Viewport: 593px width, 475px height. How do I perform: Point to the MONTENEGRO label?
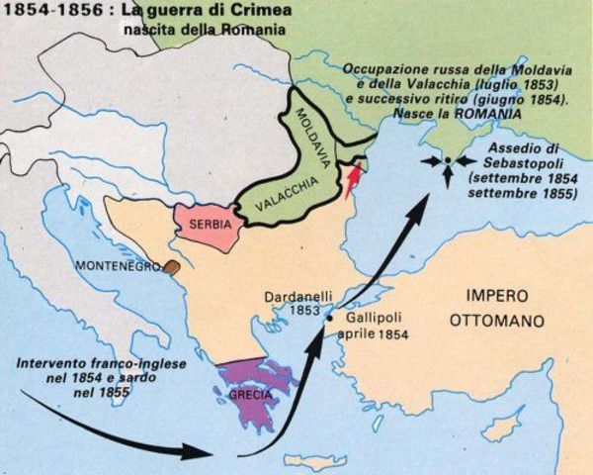pos(122,266)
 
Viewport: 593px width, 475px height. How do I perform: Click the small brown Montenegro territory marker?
pos(172,266)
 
